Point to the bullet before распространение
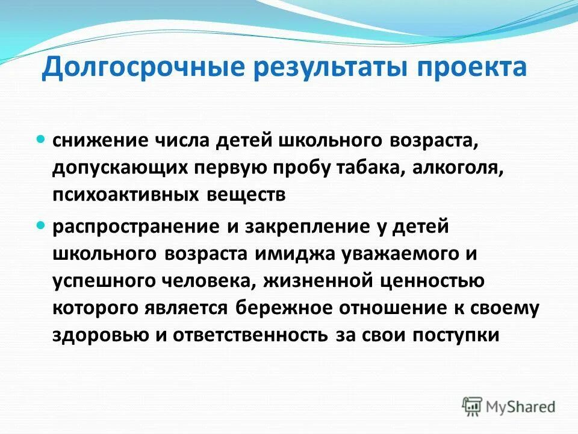pyautogui.click(x=41, y=225)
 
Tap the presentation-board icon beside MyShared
pyautogui.click(x=472, y=406)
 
